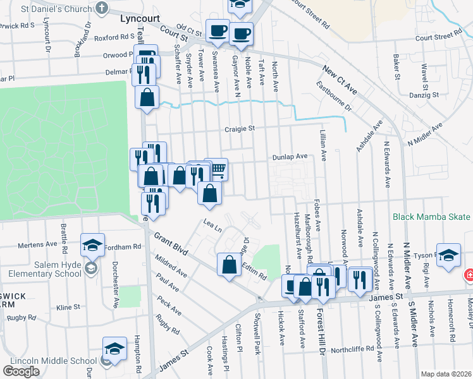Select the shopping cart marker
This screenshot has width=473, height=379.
tap(217, 169)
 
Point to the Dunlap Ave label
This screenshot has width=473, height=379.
tap(290, 156)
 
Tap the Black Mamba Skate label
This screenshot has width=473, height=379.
tap(432, 217)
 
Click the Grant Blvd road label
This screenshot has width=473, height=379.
tap(171, 243)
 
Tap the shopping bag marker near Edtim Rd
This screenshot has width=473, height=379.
tap(229, 264)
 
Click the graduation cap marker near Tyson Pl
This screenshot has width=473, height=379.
tap(448, 255)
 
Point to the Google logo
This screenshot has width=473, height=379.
tap(21, 371)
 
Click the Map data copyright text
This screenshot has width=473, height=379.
tap(446, 374)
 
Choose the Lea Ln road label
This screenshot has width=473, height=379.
tap(212, 224)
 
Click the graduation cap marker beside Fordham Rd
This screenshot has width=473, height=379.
tap(92, 244)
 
